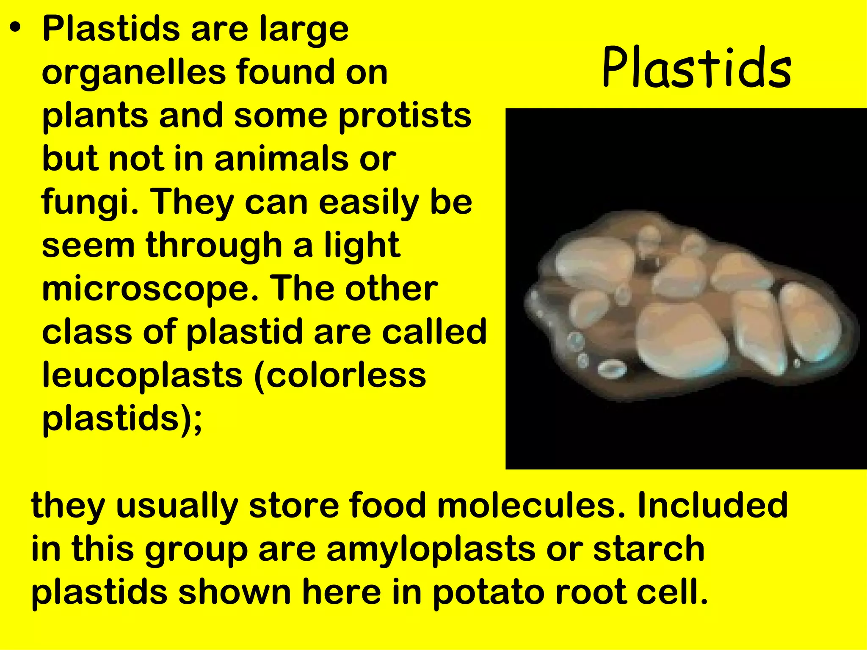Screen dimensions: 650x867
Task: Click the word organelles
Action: coord(133,73)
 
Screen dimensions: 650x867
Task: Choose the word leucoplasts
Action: coord(142,375)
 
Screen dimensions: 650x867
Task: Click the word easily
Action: coord(369,202)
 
